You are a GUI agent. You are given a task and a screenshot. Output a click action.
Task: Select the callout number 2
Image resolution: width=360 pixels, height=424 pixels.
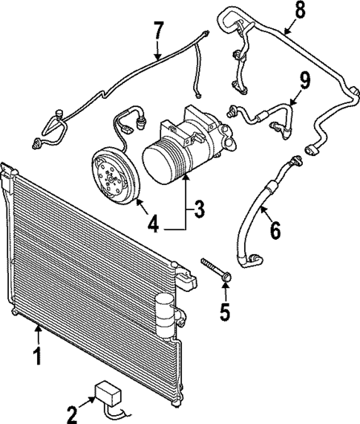(71, 414)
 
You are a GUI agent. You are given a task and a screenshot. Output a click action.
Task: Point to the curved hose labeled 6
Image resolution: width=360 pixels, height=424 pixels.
(249, 223)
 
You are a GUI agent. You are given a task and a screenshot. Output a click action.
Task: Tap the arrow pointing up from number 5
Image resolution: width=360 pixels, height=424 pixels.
(226, 284)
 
